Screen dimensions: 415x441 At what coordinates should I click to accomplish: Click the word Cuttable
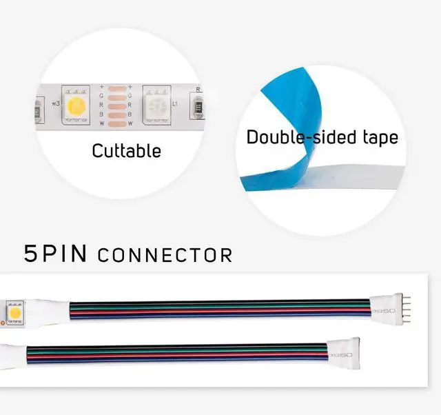pyautogui.click(x=126, y=150)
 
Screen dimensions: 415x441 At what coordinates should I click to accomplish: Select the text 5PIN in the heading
pyautogui.click(x=56, y=254)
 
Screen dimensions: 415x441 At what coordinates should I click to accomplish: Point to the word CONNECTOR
pyautogui.click(x=165, y=256)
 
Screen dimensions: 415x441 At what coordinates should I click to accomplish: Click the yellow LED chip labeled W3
pyautogui.click(x=75, y=105)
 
